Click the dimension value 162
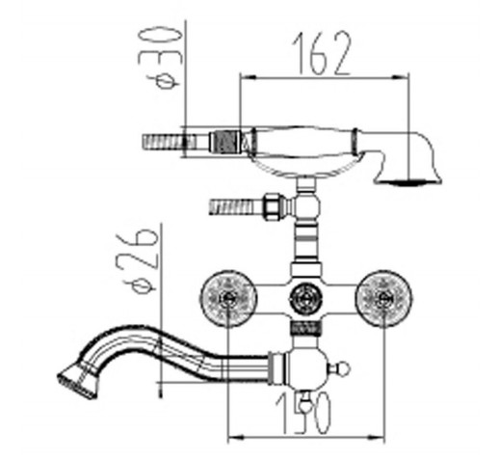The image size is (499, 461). tap(322, 53)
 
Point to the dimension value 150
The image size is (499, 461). tap(303, 413)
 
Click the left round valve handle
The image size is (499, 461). tap(228, 299)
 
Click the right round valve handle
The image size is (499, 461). tap(384, 299)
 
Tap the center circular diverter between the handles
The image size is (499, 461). tap(305, 299)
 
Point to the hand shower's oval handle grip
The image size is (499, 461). tap(304, 143)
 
